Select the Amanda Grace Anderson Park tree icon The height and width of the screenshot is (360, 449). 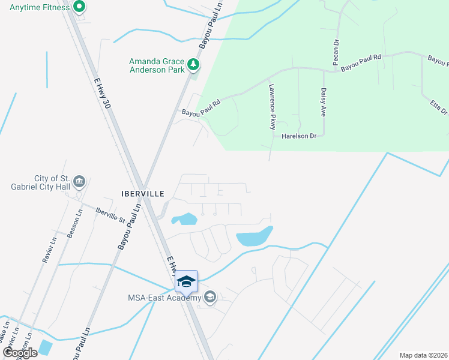193,63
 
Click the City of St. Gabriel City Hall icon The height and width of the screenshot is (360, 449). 79,181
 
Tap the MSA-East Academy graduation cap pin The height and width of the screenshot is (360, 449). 209,297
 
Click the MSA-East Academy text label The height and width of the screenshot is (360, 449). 164,298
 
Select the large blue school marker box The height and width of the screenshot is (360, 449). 186,281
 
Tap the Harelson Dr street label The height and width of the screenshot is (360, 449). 298,137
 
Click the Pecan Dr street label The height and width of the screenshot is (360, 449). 336,53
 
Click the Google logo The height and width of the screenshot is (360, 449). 20,353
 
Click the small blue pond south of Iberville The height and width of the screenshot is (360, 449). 185,219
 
